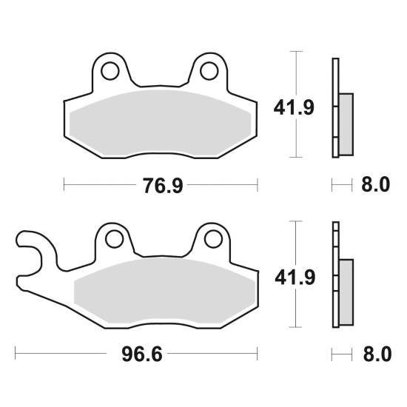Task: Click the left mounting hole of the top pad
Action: (110, 71)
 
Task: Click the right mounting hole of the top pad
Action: (209, 71)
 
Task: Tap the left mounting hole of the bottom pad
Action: (114, 239)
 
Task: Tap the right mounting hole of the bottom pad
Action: (213, 239)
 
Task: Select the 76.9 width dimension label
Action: (163, 185)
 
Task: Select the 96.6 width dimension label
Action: (142, 354)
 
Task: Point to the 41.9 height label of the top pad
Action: (294, 107)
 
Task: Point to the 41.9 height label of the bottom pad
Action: (295, 277)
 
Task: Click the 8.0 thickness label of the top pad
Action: (376, 184)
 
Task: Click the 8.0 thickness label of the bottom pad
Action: (377, 354)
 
